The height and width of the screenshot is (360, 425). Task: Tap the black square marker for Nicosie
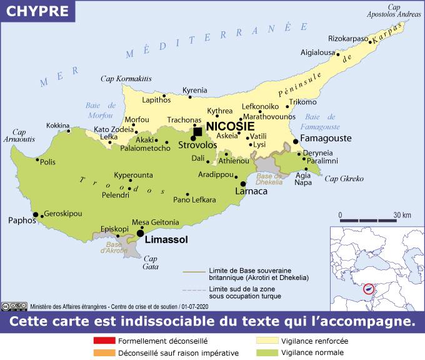click(x=197, y=131)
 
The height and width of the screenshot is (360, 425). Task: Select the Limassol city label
click(x=166, y=239)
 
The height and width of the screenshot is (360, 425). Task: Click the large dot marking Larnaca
click(x=243, y=184)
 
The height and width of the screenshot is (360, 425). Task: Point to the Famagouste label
click(x=329, y=141)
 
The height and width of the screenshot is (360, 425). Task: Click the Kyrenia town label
click(x=194, y=91)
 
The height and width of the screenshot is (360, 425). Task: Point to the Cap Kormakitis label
click(x=126, y=79)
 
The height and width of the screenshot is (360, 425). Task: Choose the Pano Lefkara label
click(x=194, y=200)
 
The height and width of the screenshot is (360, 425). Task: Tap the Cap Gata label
click(x=151, y=262)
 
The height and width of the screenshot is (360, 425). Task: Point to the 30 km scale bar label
click(x=402, y=215)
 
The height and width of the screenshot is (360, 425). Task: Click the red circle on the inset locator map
click(x=369, y=289)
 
